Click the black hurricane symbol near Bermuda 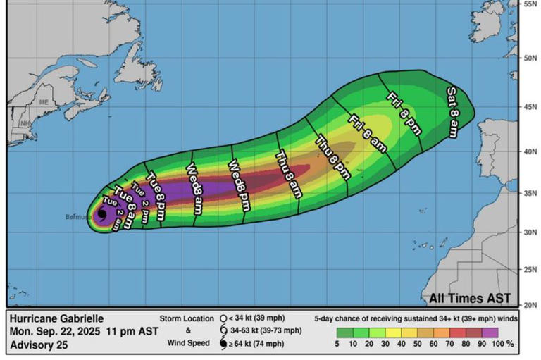(102, 215)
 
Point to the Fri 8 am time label (367, 134)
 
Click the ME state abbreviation (44, 102)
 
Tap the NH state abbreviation (25, 123)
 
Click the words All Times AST (471, 298)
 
